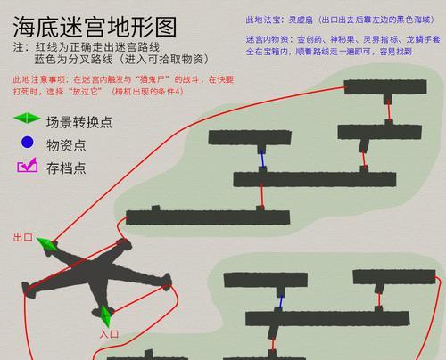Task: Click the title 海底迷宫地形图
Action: (x=95, y=27)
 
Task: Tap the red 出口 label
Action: (x=23, y=237)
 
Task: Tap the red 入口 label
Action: (x=109, y=334)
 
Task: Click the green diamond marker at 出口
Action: (x=47, y=244)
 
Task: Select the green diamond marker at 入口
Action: (x=105, y=315)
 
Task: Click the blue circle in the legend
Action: (x=27, y=143)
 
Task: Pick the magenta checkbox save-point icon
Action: (x=28, y=165)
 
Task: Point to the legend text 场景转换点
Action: (x=79, y=122)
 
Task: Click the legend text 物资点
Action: (x=66, y=145)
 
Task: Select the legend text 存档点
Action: (x=66, y=168)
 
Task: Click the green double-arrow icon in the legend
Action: (x=27, y=119)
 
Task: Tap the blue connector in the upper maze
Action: (x=262, y=160)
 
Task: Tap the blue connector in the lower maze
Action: (x=280, y=301)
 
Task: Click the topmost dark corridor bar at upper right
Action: (x=385, y=87)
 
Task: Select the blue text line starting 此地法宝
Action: (x=340, y=20)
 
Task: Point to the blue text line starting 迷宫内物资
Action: (x=343, y=39)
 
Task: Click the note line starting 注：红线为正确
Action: (x=87, y=47)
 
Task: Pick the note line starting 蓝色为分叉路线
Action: (x=121, y=59)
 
